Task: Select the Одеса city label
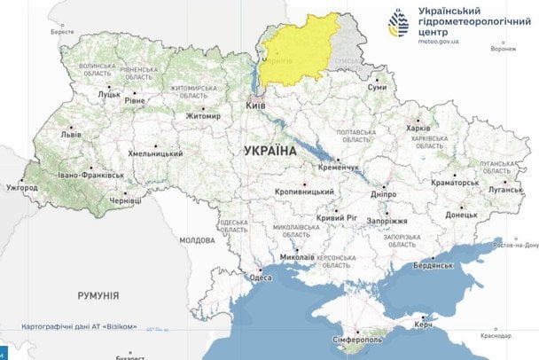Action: coord(260,278)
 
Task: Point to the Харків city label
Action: coord(418,128)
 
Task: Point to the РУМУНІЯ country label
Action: coord(98,295)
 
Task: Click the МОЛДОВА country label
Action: coord(197,240)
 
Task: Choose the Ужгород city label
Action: coord(22,188)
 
